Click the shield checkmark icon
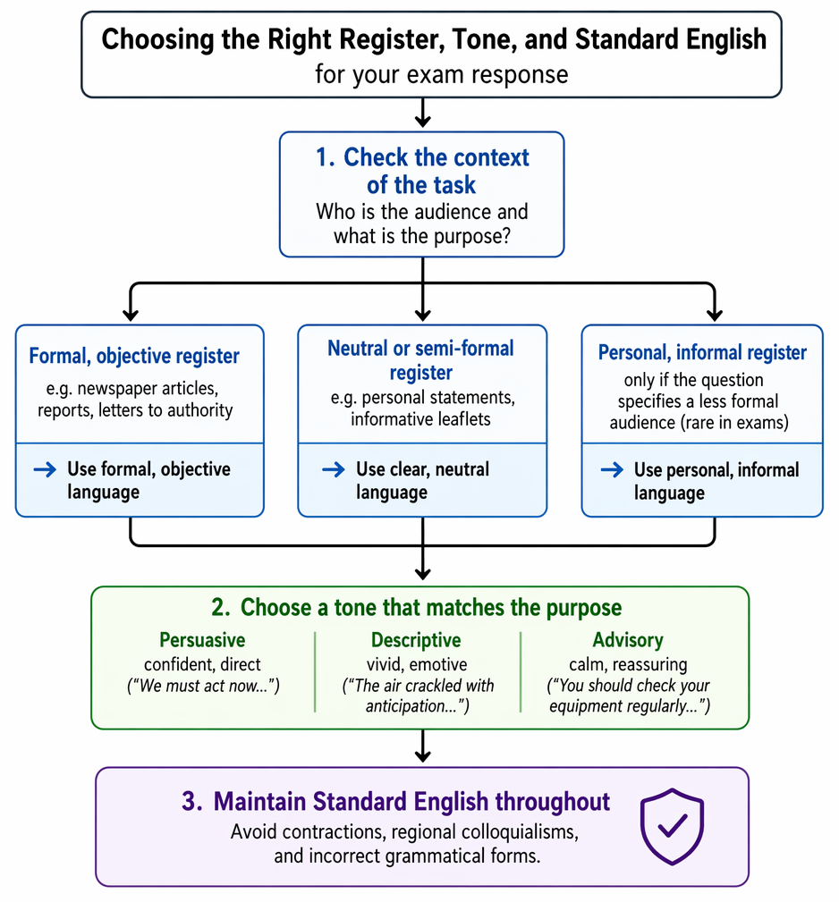pyautogui.click(x=672, y=826)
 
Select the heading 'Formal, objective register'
pyautogui.click(x=134, y=356)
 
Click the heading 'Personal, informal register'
pyautogui.click(x=702, y=352)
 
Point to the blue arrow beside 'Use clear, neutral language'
pyautogui.click(x=333, y=469)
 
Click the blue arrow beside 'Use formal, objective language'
pyautogui.click(x=45, y=469)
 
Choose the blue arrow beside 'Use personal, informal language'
pyautogui.click(x=612, y=470)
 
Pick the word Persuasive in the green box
pyautogui.click(x=202, y=640)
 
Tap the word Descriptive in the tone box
pyautogui.click(x=416, y=640)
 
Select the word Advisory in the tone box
pyautogui.click(x=628, y=640)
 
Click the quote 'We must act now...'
pyautogui.click(x=203, y=686)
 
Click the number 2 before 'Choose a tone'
pyautogui.click(x=218, y=608)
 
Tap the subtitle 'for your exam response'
pyautogui.click(x=441, y=75)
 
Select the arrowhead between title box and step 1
pyautogui.click(x=423, y=120)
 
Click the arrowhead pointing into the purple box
pyautogui.click(x=423, y=755)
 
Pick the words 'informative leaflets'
pyautogui.click(x=420, y=418)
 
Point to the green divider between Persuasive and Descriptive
pyautogui.click(x=315, y=672)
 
